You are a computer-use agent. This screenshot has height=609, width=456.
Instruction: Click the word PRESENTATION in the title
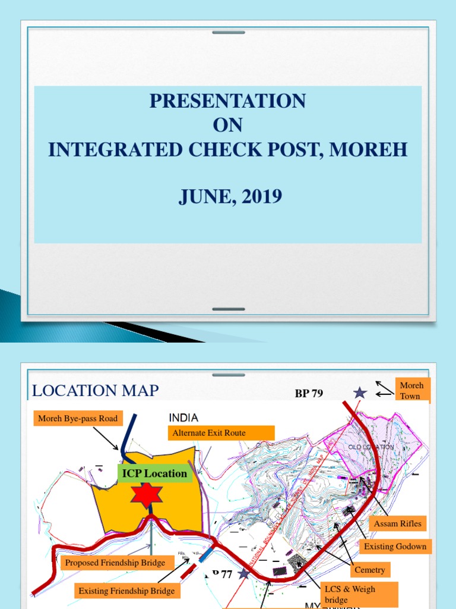pos(227,101)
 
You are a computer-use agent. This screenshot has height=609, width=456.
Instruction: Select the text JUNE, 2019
pos(230,196)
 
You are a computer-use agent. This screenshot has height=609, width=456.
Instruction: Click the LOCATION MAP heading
pos(95,391)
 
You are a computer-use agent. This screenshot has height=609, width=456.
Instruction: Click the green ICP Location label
pos(154,474)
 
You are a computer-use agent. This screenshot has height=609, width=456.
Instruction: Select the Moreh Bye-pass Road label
pos(78,419)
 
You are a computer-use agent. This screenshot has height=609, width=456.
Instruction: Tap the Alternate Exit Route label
pos(221,433)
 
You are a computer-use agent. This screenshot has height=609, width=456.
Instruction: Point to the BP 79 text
pos(309,394)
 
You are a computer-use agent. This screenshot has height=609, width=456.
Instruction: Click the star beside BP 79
pos(360,393)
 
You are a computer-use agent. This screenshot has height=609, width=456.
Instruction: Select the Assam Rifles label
pos(397,523)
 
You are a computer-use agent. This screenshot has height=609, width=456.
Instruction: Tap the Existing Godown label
pos(395,546)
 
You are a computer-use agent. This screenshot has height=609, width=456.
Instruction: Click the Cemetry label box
pos(370,570)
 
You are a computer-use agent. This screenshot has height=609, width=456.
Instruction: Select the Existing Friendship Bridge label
pos(127,591)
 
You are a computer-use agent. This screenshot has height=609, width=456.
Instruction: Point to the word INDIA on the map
pos(183,418)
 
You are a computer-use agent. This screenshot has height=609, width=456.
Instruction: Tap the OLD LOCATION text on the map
pos(371,447)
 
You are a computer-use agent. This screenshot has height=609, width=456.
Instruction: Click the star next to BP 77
pos(243,574)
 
